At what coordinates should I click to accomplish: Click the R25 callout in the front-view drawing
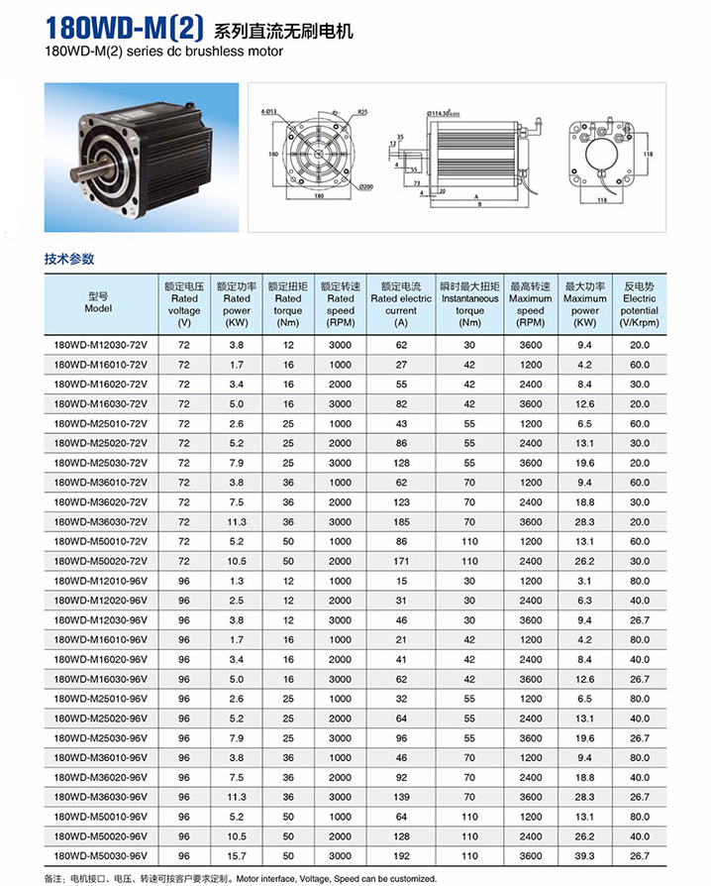[x=361, y=112]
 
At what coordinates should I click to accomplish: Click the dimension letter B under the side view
[x=479, y=206]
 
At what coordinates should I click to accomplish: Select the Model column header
[x=98, y=302]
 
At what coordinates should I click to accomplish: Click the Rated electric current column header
[x=401, y=303]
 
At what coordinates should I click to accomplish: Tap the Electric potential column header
[x=639, y=303]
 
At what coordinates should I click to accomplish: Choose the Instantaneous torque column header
[x=469, y=303]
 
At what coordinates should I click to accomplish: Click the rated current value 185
[x=401, y=521]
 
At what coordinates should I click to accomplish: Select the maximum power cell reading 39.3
[x=584, y=854]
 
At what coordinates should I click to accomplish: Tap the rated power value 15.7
[x=237, y=854]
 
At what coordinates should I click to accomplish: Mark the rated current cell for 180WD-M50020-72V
[x=401, y=561]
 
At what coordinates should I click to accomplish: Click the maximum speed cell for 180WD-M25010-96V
[x=530, y=698]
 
